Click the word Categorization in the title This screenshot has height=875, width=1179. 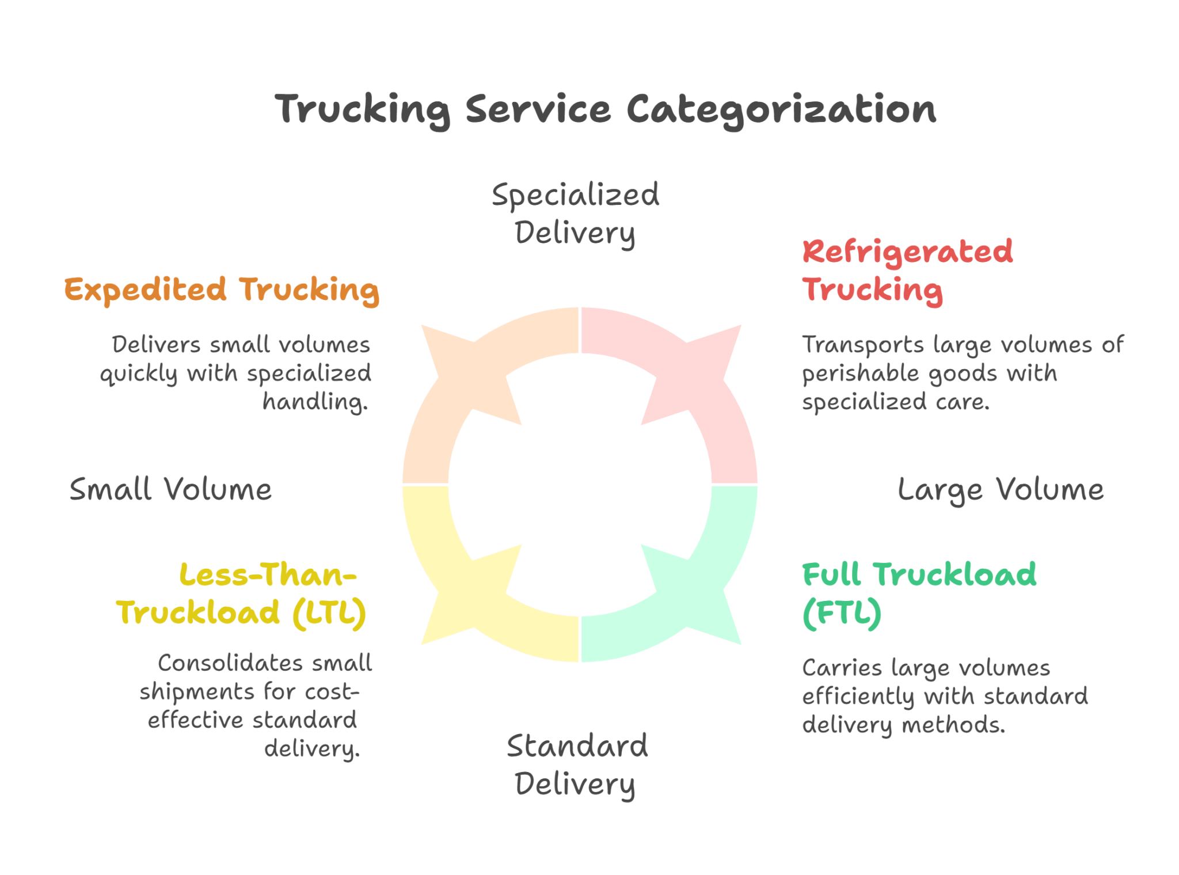(x=781, y=109)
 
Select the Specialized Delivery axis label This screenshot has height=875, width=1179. (x=575, y=214)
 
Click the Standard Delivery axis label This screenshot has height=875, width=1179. (x=576, y=764)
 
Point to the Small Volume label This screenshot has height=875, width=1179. (x=170, y=490)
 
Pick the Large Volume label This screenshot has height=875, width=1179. (x=1001, y=490)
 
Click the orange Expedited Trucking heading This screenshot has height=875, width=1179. (x=222, y=290)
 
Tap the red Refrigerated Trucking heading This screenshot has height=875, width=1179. (x=907, y=271)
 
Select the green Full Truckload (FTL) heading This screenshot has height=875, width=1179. (x=919, y=593)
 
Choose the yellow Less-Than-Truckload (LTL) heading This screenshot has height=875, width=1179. (x=242, y=593)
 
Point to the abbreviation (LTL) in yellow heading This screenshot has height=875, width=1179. (x=329, y=612)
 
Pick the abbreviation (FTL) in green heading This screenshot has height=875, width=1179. (x=842, y=613)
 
